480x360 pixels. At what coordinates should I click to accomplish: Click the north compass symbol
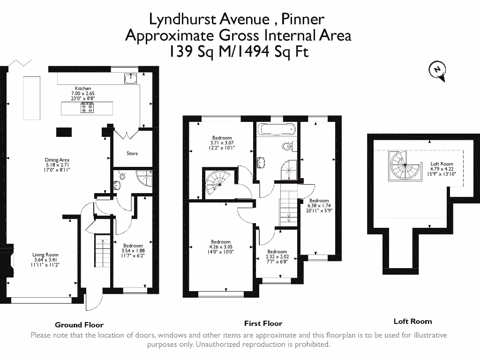[437, 70]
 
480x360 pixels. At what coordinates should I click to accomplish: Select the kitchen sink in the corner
[130, 78]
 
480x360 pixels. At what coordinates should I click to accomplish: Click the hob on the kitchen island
[87, 109]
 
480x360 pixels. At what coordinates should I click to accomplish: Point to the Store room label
[132, 153]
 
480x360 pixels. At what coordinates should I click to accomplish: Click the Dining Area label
[57, 165]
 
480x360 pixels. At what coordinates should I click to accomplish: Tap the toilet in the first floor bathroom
[288, 146]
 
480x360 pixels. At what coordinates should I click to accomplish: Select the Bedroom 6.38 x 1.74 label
[319, 205]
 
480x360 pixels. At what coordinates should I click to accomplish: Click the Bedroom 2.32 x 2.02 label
[277, 256]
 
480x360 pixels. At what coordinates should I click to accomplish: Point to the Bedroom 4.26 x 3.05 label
[220, 247]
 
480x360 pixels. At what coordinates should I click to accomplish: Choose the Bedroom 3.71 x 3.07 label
[222, 142]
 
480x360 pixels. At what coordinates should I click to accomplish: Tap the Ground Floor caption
[79, 324]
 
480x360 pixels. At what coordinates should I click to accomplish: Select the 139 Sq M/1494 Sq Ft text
[239, 52]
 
